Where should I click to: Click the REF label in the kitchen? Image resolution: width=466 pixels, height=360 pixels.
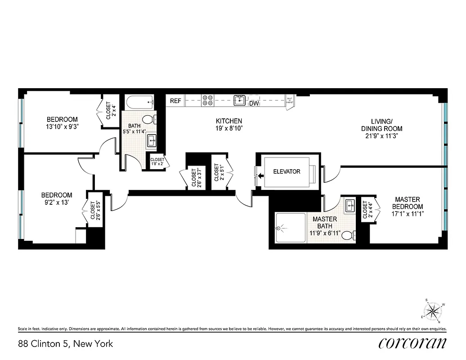click(x=175, y=101)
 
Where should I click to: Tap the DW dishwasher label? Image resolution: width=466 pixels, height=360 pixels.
click(x=254, y=103)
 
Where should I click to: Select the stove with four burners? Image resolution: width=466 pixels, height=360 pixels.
click(x=207, y=100)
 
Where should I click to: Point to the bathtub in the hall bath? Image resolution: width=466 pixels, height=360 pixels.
click(x=139, y=102)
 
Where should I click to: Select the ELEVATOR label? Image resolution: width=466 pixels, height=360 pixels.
click(x=287, y=171)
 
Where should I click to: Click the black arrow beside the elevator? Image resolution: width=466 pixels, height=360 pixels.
click(x=260, y=176)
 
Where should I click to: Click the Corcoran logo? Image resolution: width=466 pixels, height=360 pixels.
click(x=412, y=343)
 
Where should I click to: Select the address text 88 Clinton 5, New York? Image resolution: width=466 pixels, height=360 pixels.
click(x=65, y=344)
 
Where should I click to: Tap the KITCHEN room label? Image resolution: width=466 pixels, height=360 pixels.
click(x=229, y=121)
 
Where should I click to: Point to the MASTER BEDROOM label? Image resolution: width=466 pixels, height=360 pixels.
click(x=407, y=203)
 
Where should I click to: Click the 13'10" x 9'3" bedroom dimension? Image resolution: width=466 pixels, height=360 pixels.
click(x=62, y=126)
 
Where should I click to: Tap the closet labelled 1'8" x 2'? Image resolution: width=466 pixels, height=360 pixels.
click(x=157, y=162)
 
